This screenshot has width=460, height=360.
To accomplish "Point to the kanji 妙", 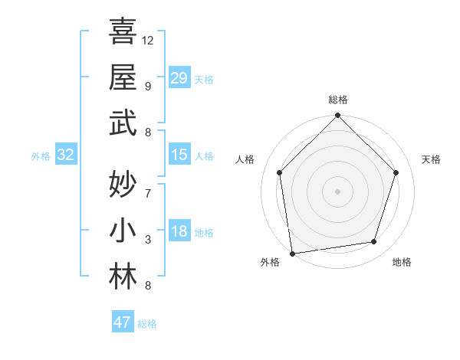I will (122, 185).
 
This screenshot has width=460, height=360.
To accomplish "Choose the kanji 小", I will (122, 231).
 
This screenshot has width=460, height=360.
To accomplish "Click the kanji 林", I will (122, 277).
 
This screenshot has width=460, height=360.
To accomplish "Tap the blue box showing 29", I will (179, 78).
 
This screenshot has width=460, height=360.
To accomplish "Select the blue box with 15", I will (179, 155).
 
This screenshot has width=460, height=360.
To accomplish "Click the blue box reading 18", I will (179, 232).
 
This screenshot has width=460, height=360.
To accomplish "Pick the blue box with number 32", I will (66, 155).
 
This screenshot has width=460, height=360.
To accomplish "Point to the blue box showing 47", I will (123, 322).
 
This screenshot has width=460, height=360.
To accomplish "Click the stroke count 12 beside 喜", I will (148, 40).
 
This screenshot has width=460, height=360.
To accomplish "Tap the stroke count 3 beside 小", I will (148, 240).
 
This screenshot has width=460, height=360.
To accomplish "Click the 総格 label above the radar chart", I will (337, 100).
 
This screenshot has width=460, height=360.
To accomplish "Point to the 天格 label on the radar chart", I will (431, 159).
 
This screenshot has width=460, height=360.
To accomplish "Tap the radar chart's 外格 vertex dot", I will (292, 252).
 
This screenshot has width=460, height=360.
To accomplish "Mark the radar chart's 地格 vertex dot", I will (374, 241).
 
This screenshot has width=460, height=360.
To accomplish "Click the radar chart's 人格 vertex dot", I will (280, 172).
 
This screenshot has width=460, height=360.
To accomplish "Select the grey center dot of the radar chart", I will (337, 191).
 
